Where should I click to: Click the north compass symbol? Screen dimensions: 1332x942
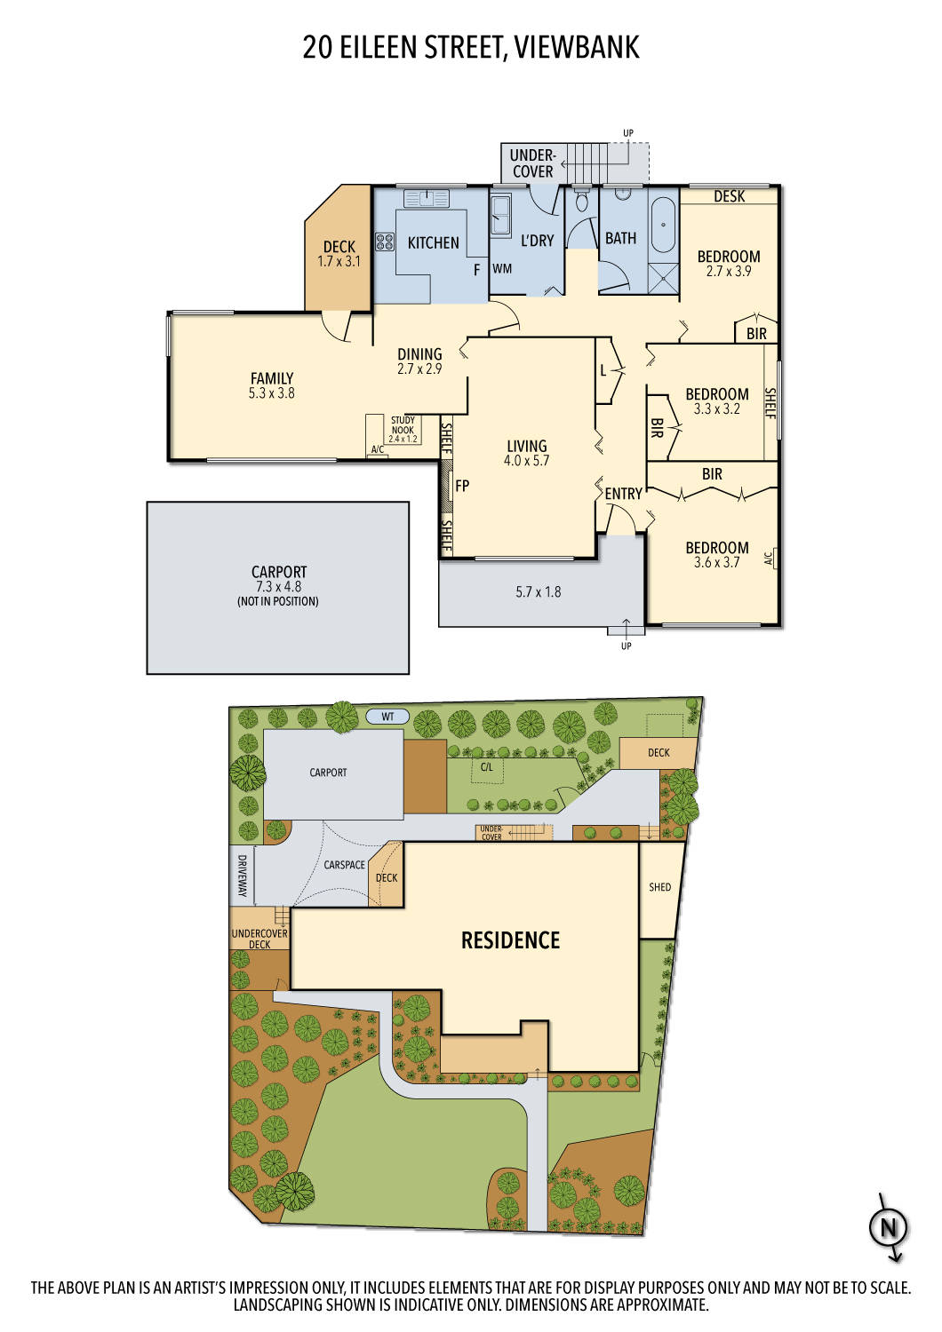(888, 1229)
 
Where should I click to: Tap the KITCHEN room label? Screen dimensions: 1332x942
(433, 242)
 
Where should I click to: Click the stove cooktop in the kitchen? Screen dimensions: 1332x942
(385, 241)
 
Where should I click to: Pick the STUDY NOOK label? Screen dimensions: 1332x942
(403, 425)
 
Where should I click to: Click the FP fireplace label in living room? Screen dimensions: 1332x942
(462, 486)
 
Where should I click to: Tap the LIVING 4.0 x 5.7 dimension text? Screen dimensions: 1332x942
(527, 461)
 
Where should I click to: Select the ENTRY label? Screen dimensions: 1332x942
(623, 494)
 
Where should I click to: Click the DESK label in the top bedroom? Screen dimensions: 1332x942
(729, 196)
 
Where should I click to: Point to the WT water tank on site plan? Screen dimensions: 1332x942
(387, 717)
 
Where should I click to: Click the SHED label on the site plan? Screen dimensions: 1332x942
(659, 887)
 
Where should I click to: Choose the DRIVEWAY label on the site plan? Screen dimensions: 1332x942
(242, 876)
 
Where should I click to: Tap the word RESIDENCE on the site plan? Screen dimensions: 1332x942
(510, 940)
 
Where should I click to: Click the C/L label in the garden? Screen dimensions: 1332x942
(486, 766)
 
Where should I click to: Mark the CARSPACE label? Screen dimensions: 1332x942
(344, 865)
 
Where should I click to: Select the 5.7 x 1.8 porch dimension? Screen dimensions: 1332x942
(539, 592)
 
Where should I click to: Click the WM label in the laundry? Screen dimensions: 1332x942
(502, 268)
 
